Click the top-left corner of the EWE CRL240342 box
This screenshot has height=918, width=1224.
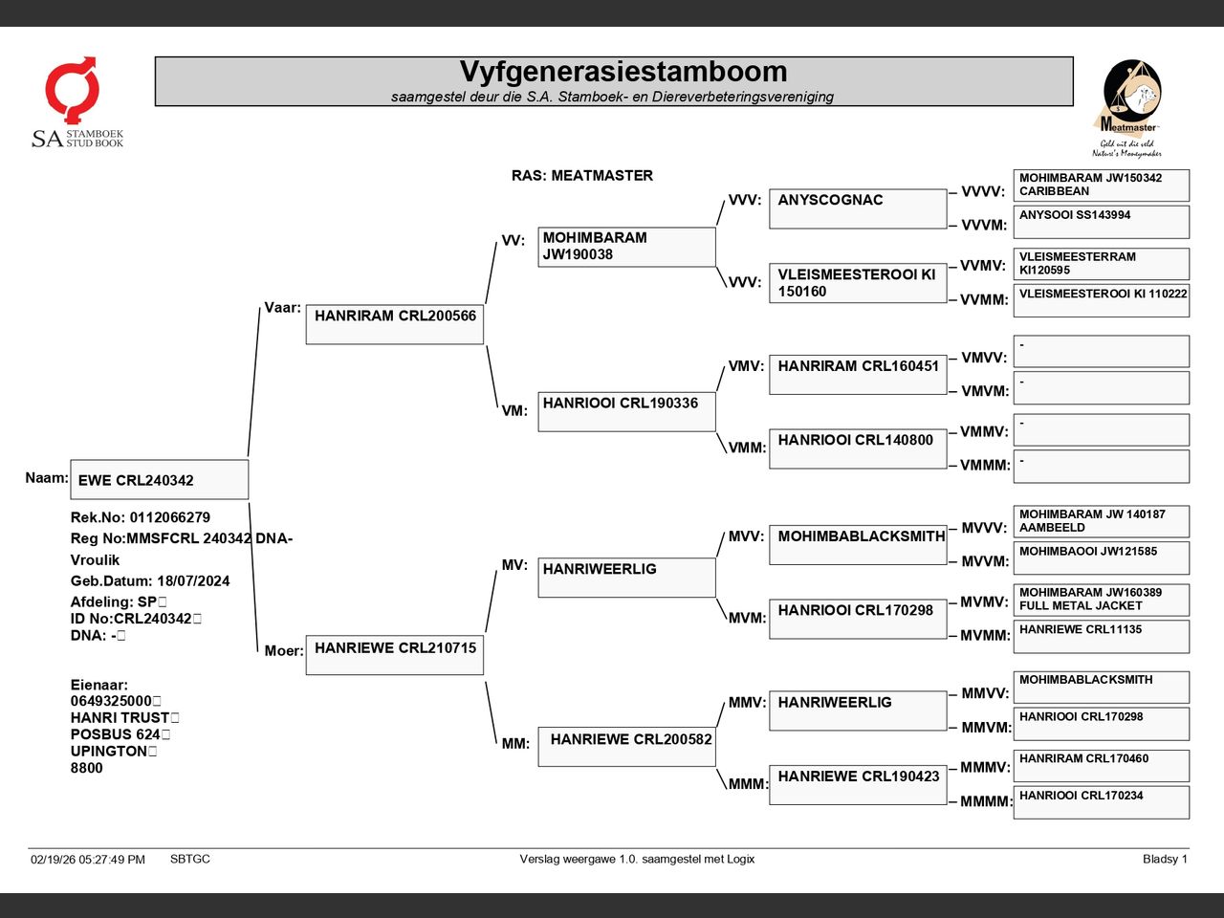tap(71, 460)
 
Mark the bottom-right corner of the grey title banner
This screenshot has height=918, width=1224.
tap(1073, 105)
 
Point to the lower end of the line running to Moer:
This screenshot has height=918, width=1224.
tap(257, 651)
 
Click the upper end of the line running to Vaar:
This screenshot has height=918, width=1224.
tap(260, 308)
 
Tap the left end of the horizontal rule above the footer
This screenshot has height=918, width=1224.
tap(28, 848)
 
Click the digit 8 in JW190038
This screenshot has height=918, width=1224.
tap(608, 254)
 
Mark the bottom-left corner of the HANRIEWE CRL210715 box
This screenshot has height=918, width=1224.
tap(306, 674)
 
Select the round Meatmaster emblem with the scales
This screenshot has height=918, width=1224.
tap(1131, 89)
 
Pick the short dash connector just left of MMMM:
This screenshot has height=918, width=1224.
tap(952, 802)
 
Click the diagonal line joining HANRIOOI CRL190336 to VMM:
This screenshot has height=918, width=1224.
tap(722, 443)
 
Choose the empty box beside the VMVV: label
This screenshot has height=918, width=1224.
tap(1102, 351)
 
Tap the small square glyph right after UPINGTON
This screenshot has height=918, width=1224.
tap(153, 752)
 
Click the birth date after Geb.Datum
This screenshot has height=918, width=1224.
tap(193, 580)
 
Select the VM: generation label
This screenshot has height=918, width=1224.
tap(514, 411)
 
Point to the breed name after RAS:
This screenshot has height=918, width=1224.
tap(601, 176)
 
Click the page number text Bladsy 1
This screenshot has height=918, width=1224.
tap(1165, 859)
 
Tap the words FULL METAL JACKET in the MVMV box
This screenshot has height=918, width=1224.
tap(1081, 606)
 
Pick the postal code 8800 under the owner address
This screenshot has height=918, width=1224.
tap(86, 768)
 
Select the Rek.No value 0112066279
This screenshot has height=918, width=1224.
tap(170, 517)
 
